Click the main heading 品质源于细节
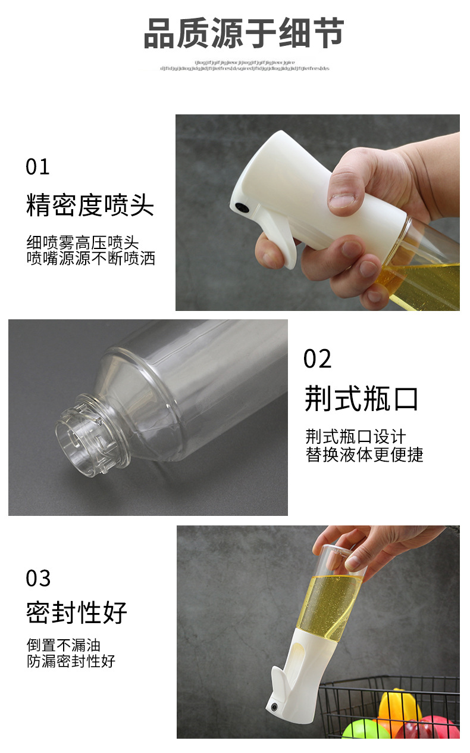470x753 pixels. tap(244, 34)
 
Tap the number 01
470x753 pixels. tap(38, 167)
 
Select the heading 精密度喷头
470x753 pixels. tap(90, 206)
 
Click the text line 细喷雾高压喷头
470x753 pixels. tap(82, 243)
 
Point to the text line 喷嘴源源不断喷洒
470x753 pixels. tap(90, 259)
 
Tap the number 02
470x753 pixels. tap(317, 359)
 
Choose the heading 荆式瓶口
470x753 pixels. tap(361, 399)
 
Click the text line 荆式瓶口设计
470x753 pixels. tap(356, 437)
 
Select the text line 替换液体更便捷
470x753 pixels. tap(364, 455)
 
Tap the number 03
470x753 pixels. tap(38, 578)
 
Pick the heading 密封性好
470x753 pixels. tap(77, 612)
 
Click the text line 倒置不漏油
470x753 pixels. tap(64, 645)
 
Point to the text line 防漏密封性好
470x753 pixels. tap(71, 661)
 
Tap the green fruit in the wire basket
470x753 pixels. tap(365, 730)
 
